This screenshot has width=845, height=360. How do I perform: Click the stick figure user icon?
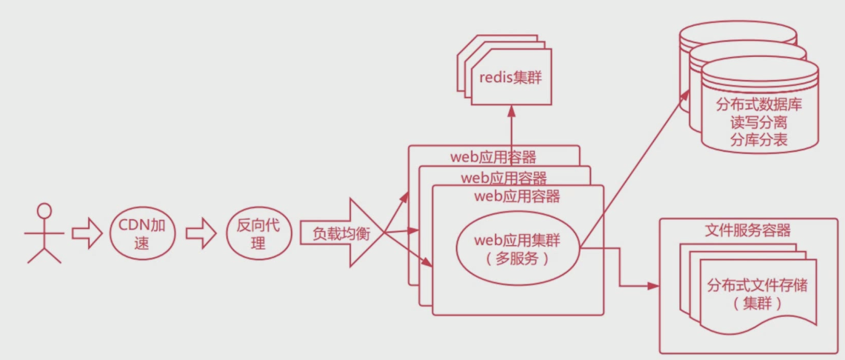[x=44, y=233]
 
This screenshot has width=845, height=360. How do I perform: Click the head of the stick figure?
[x=45, y=210]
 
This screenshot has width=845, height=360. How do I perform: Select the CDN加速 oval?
[x=141, y=233]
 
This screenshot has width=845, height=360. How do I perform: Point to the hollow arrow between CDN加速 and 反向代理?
[x=199, y=233]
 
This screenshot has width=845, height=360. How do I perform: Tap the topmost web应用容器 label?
[x=493, y=157]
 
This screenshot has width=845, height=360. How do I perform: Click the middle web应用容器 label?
[x=504, y=178]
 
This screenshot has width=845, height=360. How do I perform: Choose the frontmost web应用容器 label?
[x=517, y=197]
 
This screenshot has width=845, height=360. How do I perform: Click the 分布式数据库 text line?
[x=759, y=106]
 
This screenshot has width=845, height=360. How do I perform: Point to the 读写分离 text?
[x=759, y=123]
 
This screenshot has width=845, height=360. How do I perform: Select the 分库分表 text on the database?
[x=759, y=140]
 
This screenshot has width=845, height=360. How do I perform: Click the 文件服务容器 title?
[x=747, y=230]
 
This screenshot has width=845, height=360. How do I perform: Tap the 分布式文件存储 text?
[x=758, y=285]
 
